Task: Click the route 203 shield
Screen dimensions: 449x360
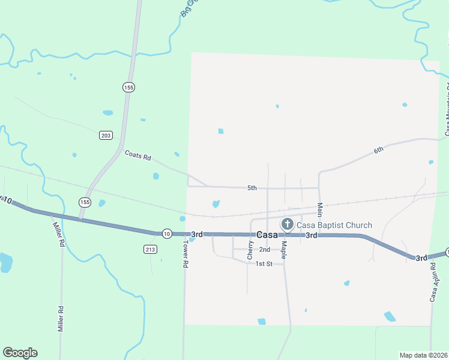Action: (106, 136)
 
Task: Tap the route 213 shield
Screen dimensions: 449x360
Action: (150, 248)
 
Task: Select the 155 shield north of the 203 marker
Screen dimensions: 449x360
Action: (128, 87)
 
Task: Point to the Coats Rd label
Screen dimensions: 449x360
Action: (137, 155)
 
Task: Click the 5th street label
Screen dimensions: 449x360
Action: (252, 188)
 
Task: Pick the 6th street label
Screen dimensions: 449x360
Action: (378, 149)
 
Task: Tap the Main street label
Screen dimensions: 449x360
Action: (320, 209)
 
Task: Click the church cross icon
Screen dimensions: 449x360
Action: (287, 225)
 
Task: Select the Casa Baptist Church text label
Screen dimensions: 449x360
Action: (334, 225)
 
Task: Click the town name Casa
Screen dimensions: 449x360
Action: (267, 235)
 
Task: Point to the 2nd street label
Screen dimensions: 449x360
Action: (265, 250)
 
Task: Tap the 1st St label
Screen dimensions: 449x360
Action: (264, 263)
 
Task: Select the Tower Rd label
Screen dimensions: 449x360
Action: (186, 255)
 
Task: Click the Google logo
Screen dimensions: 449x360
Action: (20, 353)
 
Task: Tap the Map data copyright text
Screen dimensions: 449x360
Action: (423, 355)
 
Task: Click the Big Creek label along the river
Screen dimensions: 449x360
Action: (188, 7)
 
